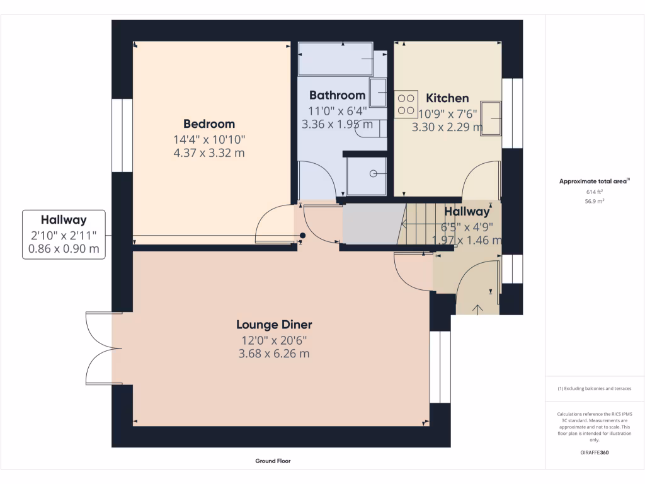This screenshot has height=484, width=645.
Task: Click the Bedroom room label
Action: [209, 124]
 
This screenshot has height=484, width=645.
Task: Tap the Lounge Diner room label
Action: [274, 325]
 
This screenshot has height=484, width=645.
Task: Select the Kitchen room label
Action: [447, 98]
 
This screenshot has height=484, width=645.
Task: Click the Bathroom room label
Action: [337, 95]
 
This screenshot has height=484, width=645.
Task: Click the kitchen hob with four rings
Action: [406, 105]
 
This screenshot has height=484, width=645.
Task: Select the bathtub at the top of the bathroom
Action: [335, 59]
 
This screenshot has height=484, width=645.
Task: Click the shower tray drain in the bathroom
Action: [373, 173]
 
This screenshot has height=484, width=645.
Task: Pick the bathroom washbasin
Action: [378, 93]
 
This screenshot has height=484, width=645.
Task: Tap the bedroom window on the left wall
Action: [122, 135]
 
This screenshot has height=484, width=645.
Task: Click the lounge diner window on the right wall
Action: [440, 367]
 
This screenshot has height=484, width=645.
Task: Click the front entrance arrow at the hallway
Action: [477, 308]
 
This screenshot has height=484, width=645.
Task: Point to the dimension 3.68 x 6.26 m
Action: [274, 354]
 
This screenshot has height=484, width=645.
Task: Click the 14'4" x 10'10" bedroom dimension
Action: [209, 139]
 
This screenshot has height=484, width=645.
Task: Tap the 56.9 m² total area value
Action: [595, 201]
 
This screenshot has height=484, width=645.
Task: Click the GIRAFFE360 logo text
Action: [595, 452]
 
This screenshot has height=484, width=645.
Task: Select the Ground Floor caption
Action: [273, 461]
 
